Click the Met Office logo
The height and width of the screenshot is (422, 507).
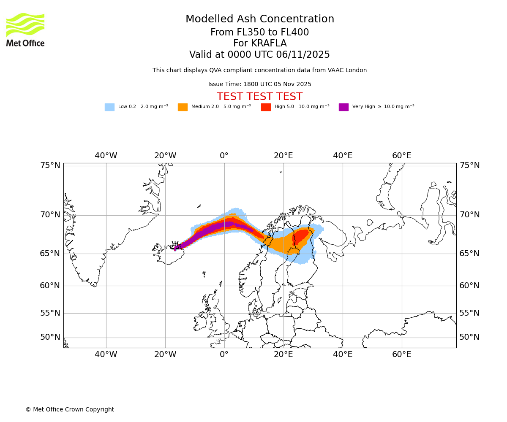(x=25, y=30)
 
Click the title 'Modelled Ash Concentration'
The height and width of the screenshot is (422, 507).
(x=260, y=19)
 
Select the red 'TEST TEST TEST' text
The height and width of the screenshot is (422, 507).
(x=259, y=97)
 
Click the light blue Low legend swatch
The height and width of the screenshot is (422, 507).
(x=109, y=107)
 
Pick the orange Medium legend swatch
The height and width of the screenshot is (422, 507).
(x=183, y=107)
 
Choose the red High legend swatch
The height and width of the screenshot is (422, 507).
(x=266, y=107)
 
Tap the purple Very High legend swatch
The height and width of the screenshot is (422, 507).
(x=343, y=107)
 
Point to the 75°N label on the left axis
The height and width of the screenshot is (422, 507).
(x=50, y=165)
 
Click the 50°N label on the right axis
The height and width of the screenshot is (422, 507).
(x=469, y=337)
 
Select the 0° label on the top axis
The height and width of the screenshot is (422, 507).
(x=224, y=156)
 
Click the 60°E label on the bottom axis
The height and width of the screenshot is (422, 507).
(x=401, y=354)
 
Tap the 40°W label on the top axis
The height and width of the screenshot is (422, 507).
(x=106, y=156)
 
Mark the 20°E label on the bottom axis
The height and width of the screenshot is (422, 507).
(x=283, y=354)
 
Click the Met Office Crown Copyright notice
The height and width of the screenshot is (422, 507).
(x=70, y=410)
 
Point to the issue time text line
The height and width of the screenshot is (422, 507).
(x=259, y=84)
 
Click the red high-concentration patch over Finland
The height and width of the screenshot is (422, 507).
(x=301, y=236)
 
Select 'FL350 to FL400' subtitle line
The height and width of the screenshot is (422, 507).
(x=259, y=32)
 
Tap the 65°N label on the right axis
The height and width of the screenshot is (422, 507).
(x=469, y=254)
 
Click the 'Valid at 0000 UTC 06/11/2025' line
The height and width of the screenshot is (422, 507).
(x=259, y=55)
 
